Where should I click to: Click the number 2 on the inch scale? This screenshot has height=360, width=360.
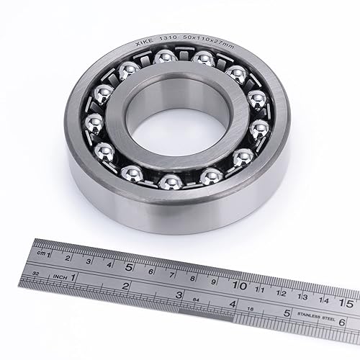click(x=125, y=285)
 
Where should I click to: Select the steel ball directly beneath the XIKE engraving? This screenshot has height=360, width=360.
click(x=130, y=71)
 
